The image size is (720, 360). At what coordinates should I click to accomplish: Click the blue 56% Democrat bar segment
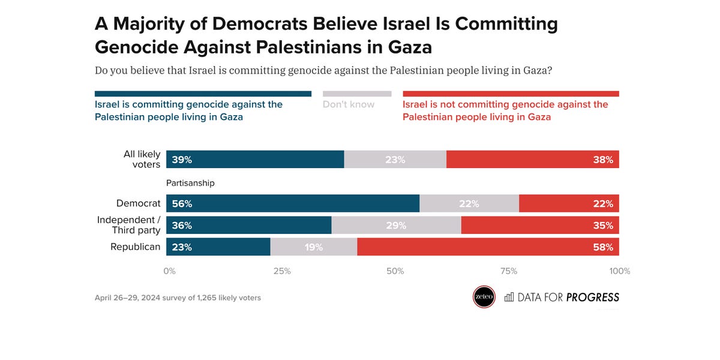pos(293,203)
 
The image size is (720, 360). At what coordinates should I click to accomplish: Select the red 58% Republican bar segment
pos(488,247)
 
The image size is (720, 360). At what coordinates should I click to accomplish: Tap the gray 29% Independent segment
pos(396,225)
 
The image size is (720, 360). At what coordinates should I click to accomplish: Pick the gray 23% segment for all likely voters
pos(395,160)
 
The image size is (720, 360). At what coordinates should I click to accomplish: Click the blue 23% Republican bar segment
pos(218,247)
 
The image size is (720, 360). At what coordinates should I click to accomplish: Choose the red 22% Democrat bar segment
pos(569,203)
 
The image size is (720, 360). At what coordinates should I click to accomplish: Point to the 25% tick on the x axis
pos(282,271)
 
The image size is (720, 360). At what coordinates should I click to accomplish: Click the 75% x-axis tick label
pos(508,271)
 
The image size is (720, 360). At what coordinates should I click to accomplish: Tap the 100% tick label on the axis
pos(619,271)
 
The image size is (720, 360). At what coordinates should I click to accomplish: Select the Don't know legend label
pos(349,104)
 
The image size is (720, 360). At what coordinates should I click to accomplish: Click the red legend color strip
pos(511,94)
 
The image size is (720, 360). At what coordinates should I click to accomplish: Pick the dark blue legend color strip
pos(203,94)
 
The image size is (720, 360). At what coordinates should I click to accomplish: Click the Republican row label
pos(136,247)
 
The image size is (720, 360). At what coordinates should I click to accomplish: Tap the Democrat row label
pos(139,203)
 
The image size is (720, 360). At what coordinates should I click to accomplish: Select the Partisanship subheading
pos(190,183)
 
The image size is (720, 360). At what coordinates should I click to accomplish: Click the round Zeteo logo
pos(484,297)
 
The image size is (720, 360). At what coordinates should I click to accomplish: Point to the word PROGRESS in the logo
pos(592,297)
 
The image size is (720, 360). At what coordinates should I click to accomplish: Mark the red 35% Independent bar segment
pos(540,225)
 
